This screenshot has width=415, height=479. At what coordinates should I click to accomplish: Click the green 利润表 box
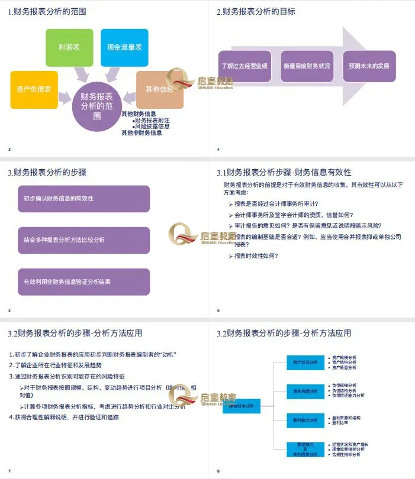pyautogui.click(x=69, y=47)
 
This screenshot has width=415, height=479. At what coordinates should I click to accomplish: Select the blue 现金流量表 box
pyautogui.click(x=124, y=47)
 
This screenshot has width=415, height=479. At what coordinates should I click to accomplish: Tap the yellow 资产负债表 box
pyautogui.click(x=34, y=89)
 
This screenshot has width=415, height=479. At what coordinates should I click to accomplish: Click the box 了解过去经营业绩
pyautogui.click(x=243, y=66)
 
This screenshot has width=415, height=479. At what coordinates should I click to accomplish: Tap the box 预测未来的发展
pyautogui.click(x=368, y=66)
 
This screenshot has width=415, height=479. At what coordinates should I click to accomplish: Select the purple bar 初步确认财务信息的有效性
pyautogui.click(x=83, y=199)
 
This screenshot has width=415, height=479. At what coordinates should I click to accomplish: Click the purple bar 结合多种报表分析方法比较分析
pyautogui.click(x=83, y=240)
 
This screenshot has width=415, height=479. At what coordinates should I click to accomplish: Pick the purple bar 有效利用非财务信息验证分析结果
pyautogui.click(x=83, y=281)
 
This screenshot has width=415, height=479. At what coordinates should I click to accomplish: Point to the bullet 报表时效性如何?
pyautogui.click(x=256, y=256)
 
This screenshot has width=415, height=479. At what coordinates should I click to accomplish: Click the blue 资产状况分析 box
pyautogui.click(x=305, y=361)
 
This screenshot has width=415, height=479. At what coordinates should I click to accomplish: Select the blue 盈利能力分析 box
pyautogui.click(x=305, y=420)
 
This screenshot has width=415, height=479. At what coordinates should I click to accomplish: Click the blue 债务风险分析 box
pyautogui.click(x=305, y=391)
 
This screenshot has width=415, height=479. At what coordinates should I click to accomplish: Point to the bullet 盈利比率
pyautogui.click(x=344, y=423)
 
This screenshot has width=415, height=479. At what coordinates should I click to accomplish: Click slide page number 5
pyautogui.click(x=9, y=310)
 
